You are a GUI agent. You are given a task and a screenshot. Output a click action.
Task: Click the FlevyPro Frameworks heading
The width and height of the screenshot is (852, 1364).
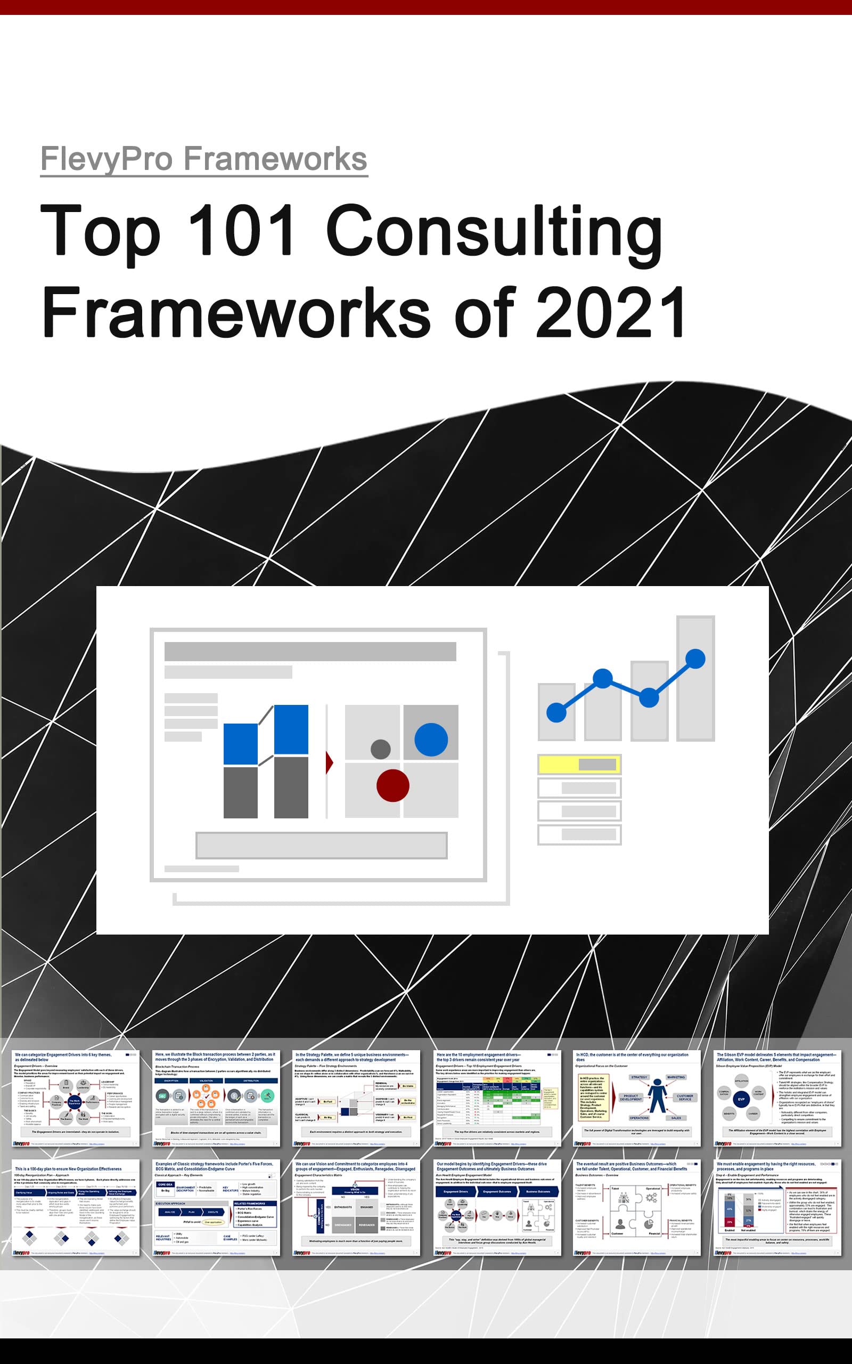coord(204,158)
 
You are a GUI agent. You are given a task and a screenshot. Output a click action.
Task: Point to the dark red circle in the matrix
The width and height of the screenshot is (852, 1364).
coord(393,785)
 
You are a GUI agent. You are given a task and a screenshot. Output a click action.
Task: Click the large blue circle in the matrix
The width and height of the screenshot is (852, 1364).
coord(431,739)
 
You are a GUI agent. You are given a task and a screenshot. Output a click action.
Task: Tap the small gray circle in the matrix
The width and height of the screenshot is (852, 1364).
coord(380,749)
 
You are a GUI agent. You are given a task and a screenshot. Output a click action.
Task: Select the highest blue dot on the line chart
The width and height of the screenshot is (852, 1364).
coord(695,659)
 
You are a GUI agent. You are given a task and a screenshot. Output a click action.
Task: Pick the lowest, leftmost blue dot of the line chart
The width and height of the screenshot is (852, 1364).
coord(556,712)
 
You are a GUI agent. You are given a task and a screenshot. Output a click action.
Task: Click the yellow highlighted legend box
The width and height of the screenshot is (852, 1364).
coord(579,764)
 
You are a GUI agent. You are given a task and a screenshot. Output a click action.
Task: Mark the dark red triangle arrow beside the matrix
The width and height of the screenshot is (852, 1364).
coord(330,763)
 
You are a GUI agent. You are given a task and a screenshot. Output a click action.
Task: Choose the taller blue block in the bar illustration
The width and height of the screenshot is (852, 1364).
coord(291,729)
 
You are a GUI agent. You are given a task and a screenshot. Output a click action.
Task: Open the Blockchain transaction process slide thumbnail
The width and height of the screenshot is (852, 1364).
coord(216,1098)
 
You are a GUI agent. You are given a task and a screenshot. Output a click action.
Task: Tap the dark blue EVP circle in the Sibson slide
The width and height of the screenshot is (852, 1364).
coord(741,1099)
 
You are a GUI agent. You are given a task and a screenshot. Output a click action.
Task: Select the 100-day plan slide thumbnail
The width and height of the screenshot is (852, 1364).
coord(76,1207)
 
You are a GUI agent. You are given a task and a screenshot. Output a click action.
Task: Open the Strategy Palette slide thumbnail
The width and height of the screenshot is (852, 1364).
coord(356,1098)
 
